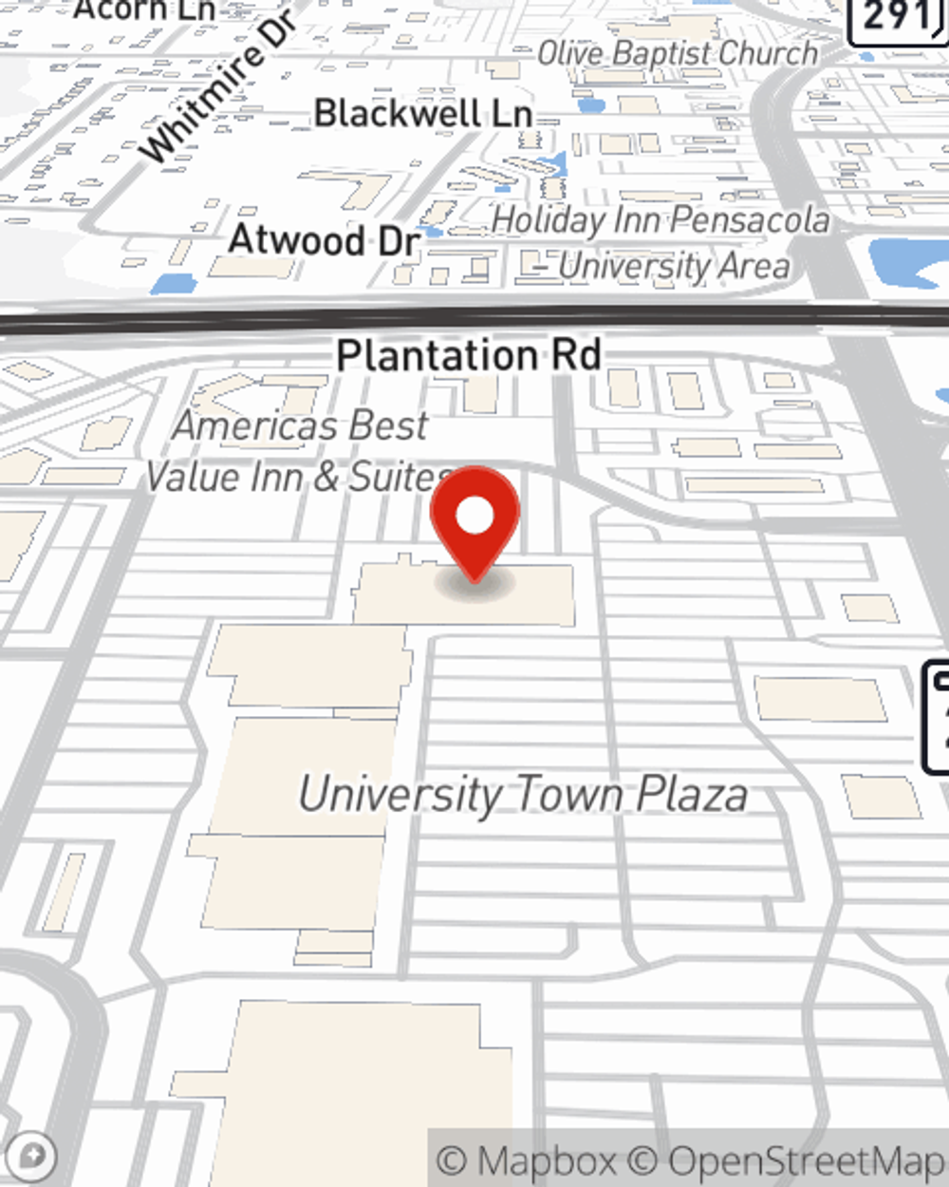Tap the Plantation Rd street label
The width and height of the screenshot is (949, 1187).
469,356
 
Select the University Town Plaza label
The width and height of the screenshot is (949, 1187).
523,794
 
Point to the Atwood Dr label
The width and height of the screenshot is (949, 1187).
324,239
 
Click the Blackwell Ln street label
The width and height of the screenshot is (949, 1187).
422,114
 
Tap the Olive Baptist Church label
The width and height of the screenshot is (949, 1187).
677,53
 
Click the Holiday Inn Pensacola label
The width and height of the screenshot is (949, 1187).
661,220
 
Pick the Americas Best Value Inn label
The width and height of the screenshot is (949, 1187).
301,425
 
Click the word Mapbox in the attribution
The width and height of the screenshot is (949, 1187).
547,1160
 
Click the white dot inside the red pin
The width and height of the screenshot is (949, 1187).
474,517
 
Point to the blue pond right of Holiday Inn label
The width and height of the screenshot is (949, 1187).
906,261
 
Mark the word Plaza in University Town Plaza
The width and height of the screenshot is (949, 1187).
691,794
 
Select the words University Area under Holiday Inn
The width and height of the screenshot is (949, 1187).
673,267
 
